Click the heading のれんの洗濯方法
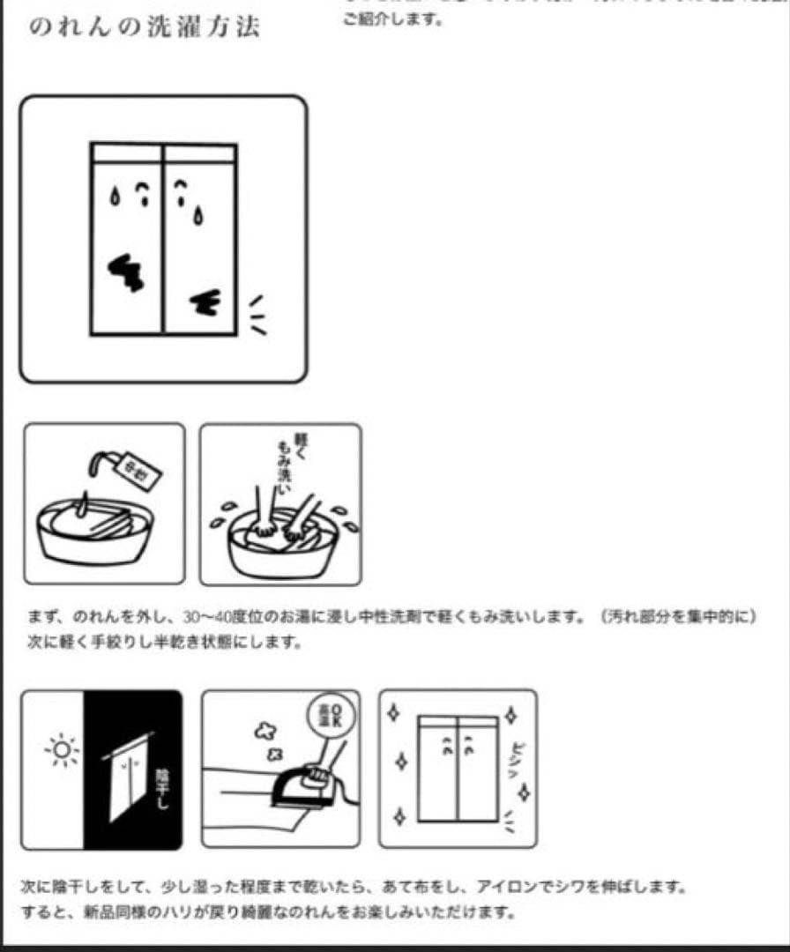[145, 27]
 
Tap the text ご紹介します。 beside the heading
[391, 19]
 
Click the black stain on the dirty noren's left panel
[127, 272]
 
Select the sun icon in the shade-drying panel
[62, 752]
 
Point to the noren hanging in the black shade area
[128, 776]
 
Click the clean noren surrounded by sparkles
[458, 767]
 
